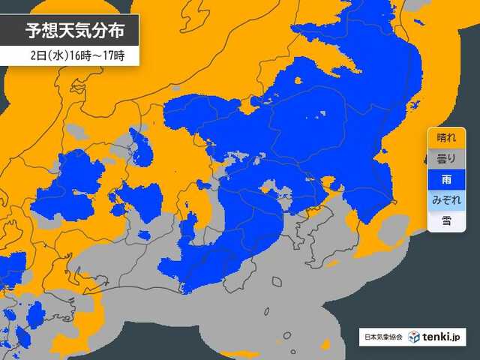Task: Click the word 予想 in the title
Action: point(43,31)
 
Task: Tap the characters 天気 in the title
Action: point(77,31)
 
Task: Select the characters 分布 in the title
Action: point(112,31)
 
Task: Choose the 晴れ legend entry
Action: point(445,138)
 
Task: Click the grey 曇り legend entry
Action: point(445,159)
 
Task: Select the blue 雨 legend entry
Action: point(445,179)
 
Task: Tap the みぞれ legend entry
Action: point(445,200)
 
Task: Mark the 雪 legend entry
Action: point(445,220)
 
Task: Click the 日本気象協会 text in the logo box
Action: point(381,337)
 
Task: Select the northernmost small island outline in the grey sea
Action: point(277,283)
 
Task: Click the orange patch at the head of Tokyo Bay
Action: point(330,182)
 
